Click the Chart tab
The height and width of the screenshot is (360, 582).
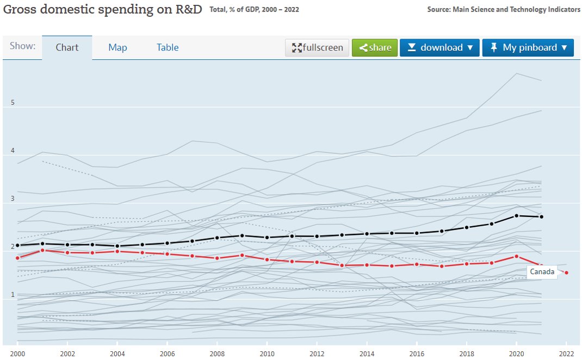pyautogui.click(x=67, y=47)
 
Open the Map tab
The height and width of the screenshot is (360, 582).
pyautogui.click(x=117, y=47)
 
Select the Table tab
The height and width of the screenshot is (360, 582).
pyautogui.click(x=168, y=47)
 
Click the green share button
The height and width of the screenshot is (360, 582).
pyautogui.click(x=375, y=47)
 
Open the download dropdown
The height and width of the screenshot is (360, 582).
pyautogui.click(x=440, y=47)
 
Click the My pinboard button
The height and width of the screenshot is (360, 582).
pyautogui.click(x=528, y=47)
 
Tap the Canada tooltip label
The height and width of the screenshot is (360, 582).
pyautogui.click(x=542, y=272)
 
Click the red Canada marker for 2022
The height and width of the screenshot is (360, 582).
pyautogui.click(x=566, y=272)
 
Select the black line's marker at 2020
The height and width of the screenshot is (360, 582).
pyautogui.click(x=516, y=216)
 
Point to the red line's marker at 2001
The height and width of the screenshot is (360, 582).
pyautogui.click(x=42, y=250)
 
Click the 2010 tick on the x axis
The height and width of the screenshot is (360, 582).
pyautogui.click(x=267, y=352)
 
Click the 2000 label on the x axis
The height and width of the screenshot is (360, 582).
pyautogui.click(x=18, y=352)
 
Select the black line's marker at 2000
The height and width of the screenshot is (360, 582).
pyautogui.click(x=18, y=245)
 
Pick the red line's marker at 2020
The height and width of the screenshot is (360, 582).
pyautogui.click(x=516, y=256)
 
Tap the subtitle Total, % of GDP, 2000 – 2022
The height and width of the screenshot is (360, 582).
pyautogui.click(x=254, y=10)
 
